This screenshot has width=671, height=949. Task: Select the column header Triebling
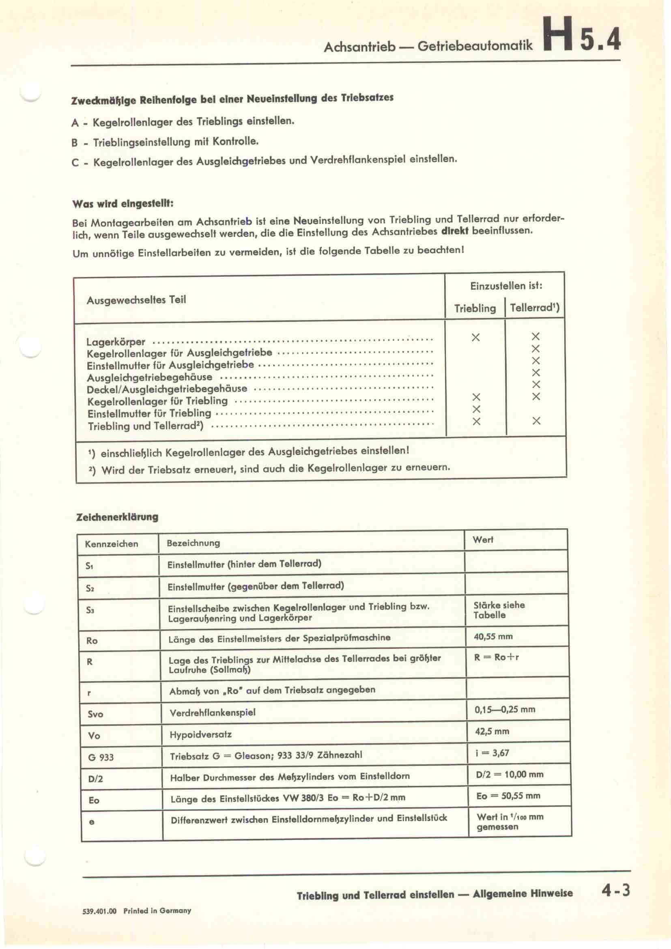(475, 308)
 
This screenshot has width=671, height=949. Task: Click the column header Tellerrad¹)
(535, 308)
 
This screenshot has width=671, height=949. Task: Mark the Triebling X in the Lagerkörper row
(475, 338)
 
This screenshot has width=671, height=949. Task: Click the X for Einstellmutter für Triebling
(476, 409)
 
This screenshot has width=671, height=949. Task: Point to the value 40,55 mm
(493, 637)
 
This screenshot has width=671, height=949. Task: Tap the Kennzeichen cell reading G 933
(101, 757)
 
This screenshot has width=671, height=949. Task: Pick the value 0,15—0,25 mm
(505, 710)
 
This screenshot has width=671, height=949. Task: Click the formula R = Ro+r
(496, 658)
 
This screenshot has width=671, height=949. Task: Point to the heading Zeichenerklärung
(117, 517)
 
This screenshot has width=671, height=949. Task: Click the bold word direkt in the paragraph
(454, 231)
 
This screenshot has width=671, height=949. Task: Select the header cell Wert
(483, 540)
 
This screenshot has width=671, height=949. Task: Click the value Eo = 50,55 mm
(508, 796)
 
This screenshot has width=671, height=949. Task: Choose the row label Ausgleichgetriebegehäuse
(150, 377)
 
